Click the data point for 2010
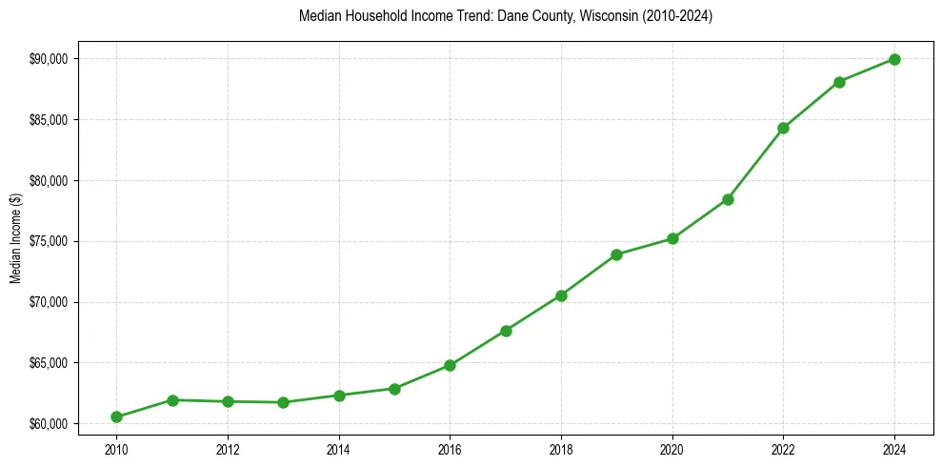[116, 416]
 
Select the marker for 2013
[283, 402]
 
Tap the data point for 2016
[450, 365]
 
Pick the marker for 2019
[616, 254]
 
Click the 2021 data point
[728, 199]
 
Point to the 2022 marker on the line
[783, 128]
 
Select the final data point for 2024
[894, 59]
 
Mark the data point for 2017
[506, 331]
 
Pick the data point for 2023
[839, 82]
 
